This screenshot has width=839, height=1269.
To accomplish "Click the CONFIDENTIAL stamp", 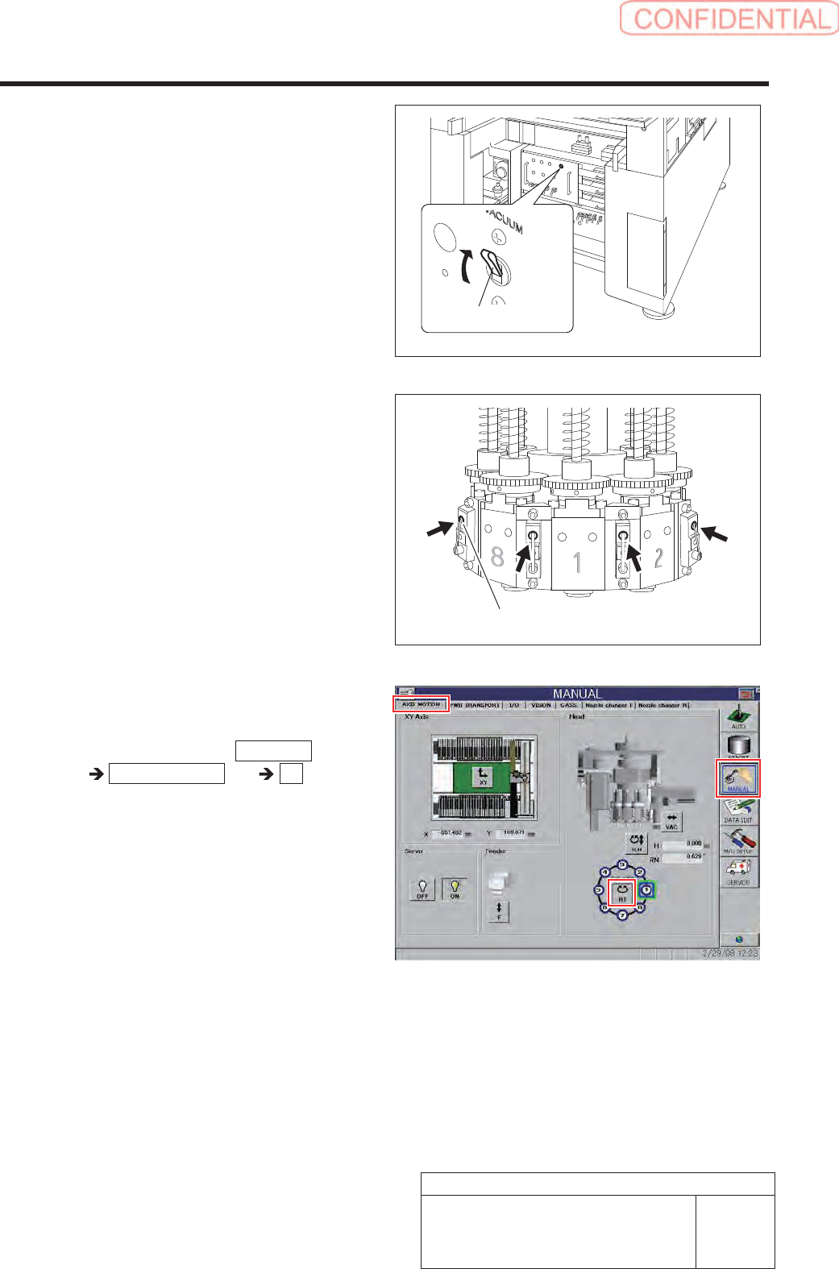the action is pyautogui.click(x=729, y=19).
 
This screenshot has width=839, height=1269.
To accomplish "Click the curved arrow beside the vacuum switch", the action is pyautogui.click(x=466, y=267).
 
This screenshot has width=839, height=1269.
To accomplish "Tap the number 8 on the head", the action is pyautogui.click(x=497, y=557).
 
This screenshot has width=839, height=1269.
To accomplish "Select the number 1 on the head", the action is pyautogui.click(x=577, y=562).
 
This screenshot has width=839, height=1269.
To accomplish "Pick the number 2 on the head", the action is pyautogui.click(x=658, y=557).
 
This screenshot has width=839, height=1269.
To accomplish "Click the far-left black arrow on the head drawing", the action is pyautogui.click(x=439, y=529).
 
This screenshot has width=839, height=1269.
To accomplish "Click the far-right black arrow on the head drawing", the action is pyautogui.click(x=715, y=533).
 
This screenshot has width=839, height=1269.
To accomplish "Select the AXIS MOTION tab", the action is pyautogui.click(x=422, y=704).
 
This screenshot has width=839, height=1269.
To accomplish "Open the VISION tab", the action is pyautogui.click(x=541, y=705).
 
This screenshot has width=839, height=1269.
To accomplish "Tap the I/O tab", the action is pyautogui.click(x=513, y=705).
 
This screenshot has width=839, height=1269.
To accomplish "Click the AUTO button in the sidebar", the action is pyautogui.click(x=738, y=716).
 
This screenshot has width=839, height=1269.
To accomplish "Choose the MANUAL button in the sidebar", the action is pyautogui.click(x=738, y=778).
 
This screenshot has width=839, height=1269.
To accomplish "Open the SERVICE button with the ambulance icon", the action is pyautogui.click(x=738, y=871).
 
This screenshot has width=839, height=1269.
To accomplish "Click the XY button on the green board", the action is pyautogui.click(x=483, y=777).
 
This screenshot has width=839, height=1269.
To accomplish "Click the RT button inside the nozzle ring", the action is pyautogui.click(x=621, y=893).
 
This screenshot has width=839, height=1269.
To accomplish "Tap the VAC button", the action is pyautogui.click(x=671, y=821).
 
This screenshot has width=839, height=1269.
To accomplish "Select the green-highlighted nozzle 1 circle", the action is pyautogui.click(x=646, y=890).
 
